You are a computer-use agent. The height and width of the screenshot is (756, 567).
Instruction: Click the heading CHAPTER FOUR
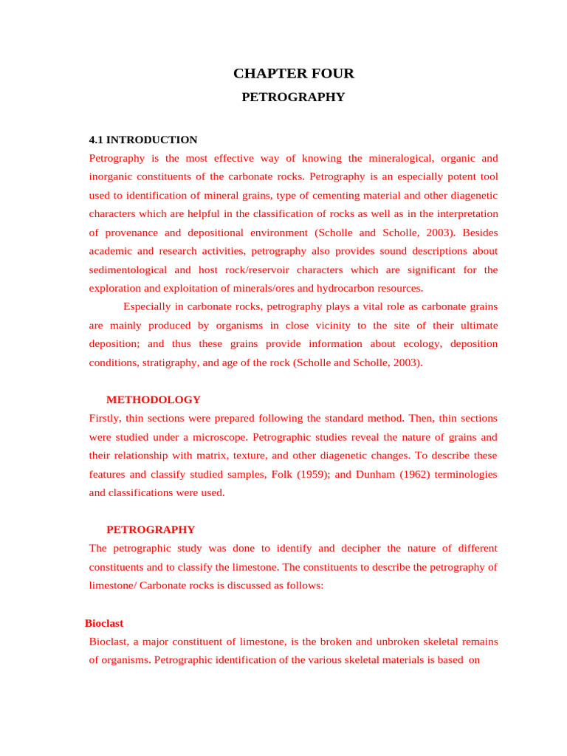tap(294, 73)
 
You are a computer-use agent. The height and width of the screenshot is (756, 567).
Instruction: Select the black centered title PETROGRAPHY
tap(293, 97)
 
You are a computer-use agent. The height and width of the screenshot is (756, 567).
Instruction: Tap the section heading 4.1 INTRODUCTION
tap(142, 140)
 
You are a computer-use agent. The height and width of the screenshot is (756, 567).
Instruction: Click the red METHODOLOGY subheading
tap(154, 399)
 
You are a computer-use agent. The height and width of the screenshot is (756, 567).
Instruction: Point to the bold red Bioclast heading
tap(104, 623)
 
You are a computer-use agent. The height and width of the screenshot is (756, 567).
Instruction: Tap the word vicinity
tap(336, 325)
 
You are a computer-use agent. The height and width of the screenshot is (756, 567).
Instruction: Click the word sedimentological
tap(128, 269)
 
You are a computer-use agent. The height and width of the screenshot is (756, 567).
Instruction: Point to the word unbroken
tap(415, 641)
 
